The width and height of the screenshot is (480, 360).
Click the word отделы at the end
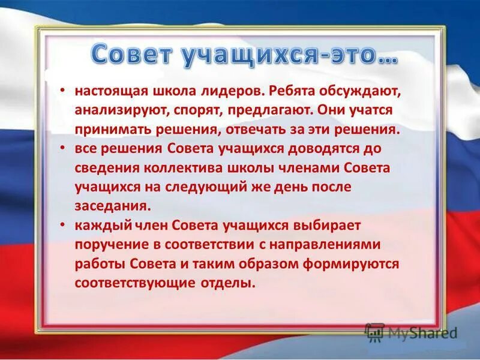pos(233,283)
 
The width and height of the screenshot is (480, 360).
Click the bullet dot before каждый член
pos(63,224)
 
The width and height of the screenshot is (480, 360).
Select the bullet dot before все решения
pos(63,146)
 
